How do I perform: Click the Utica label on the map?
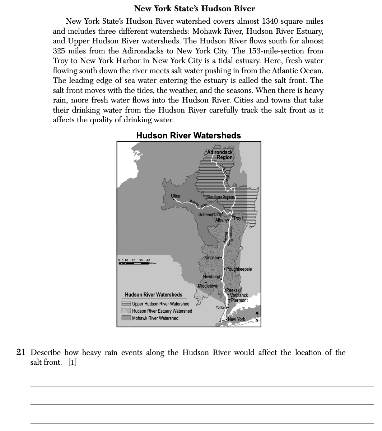click(x=176, y=196)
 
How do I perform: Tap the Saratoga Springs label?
click(x=221, y=196)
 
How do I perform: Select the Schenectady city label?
click(x=210, y=214)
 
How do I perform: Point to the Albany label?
click(x=222, y=220)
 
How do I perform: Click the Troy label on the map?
click(x=237, y=218)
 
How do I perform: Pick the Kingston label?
click(x=212, y=258)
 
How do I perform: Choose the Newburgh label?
click(x=212, y=277)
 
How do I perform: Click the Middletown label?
click(x=208, y=286)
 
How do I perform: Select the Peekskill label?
click(x=234, y=290)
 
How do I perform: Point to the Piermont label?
click(x=239, y=300)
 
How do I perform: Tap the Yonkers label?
click(x=222, y=308)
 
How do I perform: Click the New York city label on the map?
click(x=236, y=319)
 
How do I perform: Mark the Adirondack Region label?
click(x=220, y=155)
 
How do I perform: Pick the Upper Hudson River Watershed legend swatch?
click(x=126, y=304)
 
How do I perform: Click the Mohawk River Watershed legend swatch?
click(x=126, y=318)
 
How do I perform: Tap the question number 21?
click(x=21, y=352)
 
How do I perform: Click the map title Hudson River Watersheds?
click(x=188, y=136)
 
